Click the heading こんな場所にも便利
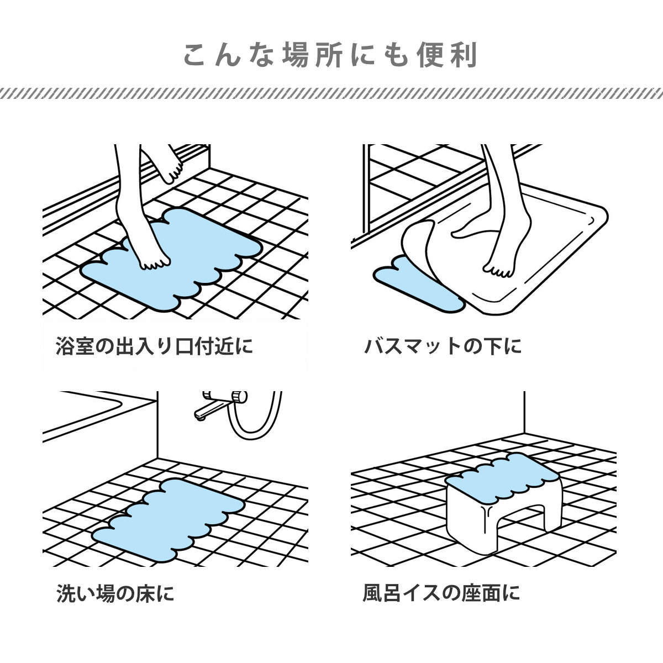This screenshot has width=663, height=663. [330, 54]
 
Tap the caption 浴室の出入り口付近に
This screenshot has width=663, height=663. [155, 346]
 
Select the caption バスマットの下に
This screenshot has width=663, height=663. [443, 346]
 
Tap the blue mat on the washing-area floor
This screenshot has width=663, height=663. [169, 521]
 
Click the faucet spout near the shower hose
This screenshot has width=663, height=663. [213, 408]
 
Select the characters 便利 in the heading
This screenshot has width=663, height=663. [448, 54]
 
